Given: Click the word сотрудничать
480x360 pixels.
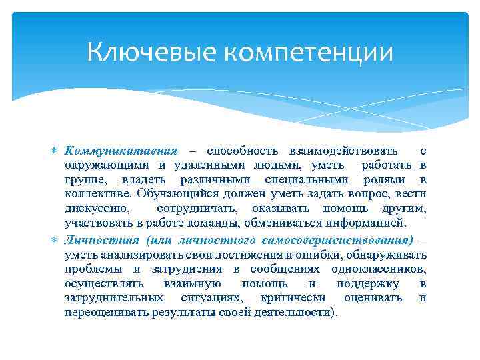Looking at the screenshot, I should coord(194,209).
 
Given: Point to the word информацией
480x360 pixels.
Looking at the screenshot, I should coord(377,224).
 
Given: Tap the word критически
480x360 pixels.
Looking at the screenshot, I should coord(293,297).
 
